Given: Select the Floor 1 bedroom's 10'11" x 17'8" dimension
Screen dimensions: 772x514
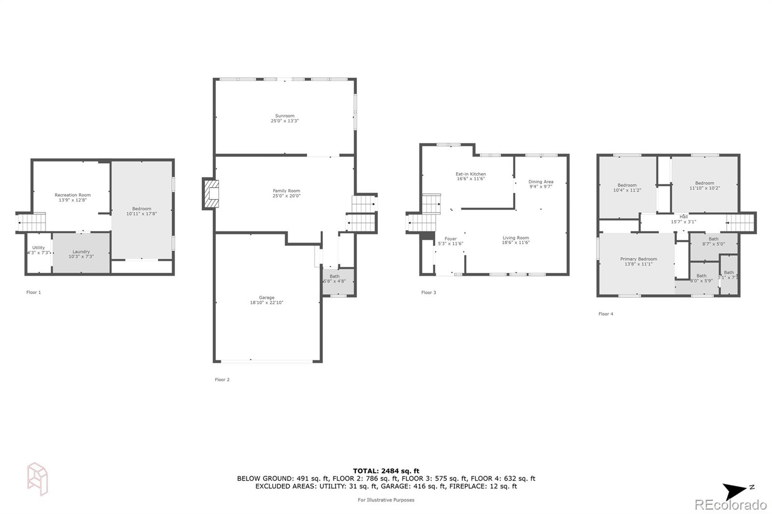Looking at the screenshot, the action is (142, 214).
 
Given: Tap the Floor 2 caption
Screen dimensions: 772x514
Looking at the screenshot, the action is (222, 379).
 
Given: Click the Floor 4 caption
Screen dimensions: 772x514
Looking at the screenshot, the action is (606, 314).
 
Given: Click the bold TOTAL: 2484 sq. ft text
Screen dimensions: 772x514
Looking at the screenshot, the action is (386, 471).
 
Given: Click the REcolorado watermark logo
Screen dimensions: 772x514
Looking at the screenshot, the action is (731, 505).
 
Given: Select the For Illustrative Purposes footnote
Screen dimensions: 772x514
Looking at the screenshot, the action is (386, 500).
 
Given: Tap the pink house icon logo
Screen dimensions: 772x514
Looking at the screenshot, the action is (38, 479).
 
